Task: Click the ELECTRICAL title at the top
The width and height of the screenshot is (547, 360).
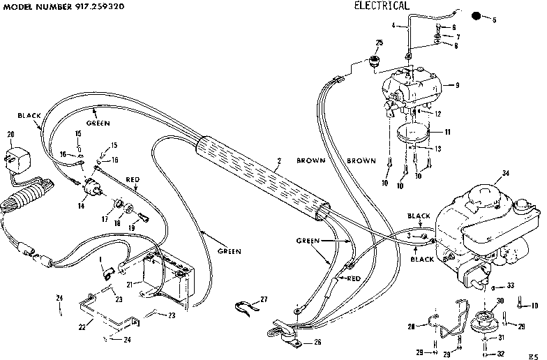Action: [x=381, y=6]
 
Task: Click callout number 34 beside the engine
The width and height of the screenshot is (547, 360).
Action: [x=504, y=174]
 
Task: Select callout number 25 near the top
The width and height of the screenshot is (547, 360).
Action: [x=379, y=43]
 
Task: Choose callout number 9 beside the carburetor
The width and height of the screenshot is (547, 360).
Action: [x=457, y=85]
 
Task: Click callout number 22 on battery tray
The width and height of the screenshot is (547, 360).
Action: [x=82, y=326]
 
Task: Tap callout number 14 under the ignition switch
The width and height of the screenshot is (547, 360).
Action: [x=83, y=207]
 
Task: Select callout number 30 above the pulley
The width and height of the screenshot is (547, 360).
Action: [x=499, y=301]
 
